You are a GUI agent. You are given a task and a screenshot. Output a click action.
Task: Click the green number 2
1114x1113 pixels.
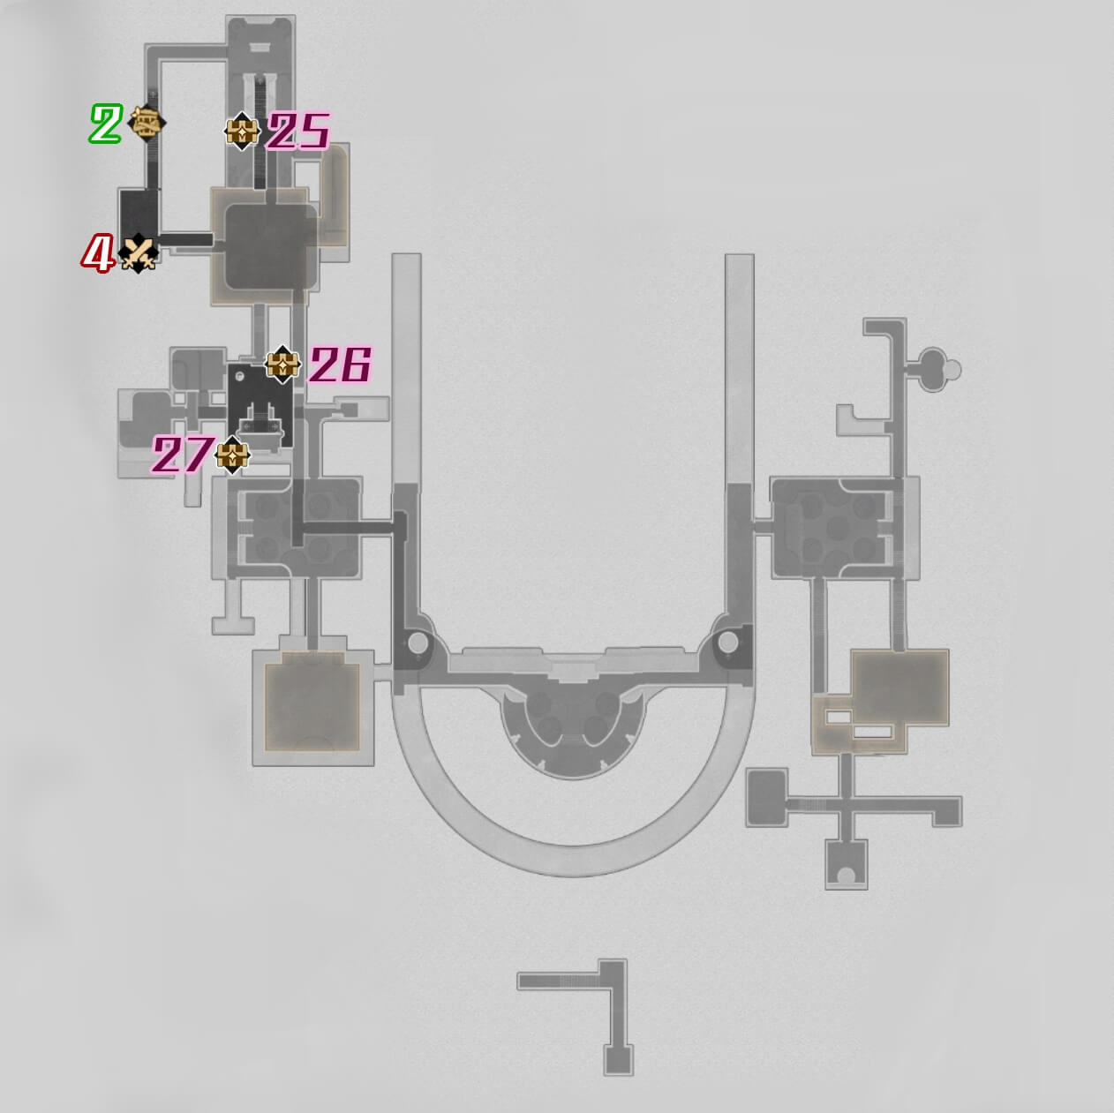105,124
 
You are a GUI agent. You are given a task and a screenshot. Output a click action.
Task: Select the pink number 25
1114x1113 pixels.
298,132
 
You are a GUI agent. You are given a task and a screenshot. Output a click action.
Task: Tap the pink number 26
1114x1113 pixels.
340,365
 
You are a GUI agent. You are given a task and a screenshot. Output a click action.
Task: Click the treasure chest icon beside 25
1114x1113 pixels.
241,132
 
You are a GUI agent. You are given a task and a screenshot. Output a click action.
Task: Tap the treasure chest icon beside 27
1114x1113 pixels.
232,455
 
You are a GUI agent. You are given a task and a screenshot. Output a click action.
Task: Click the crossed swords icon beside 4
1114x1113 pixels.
139,254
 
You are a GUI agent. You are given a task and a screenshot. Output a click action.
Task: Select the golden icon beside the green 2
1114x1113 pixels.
147,122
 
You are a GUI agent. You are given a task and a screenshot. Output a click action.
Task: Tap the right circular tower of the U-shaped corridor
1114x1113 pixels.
727,642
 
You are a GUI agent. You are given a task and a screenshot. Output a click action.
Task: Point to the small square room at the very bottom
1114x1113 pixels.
619,1058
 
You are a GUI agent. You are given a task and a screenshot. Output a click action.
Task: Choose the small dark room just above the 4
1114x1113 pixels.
139,212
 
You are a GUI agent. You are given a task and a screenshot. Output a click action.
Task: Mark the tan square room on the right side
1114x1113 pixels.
899,688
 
